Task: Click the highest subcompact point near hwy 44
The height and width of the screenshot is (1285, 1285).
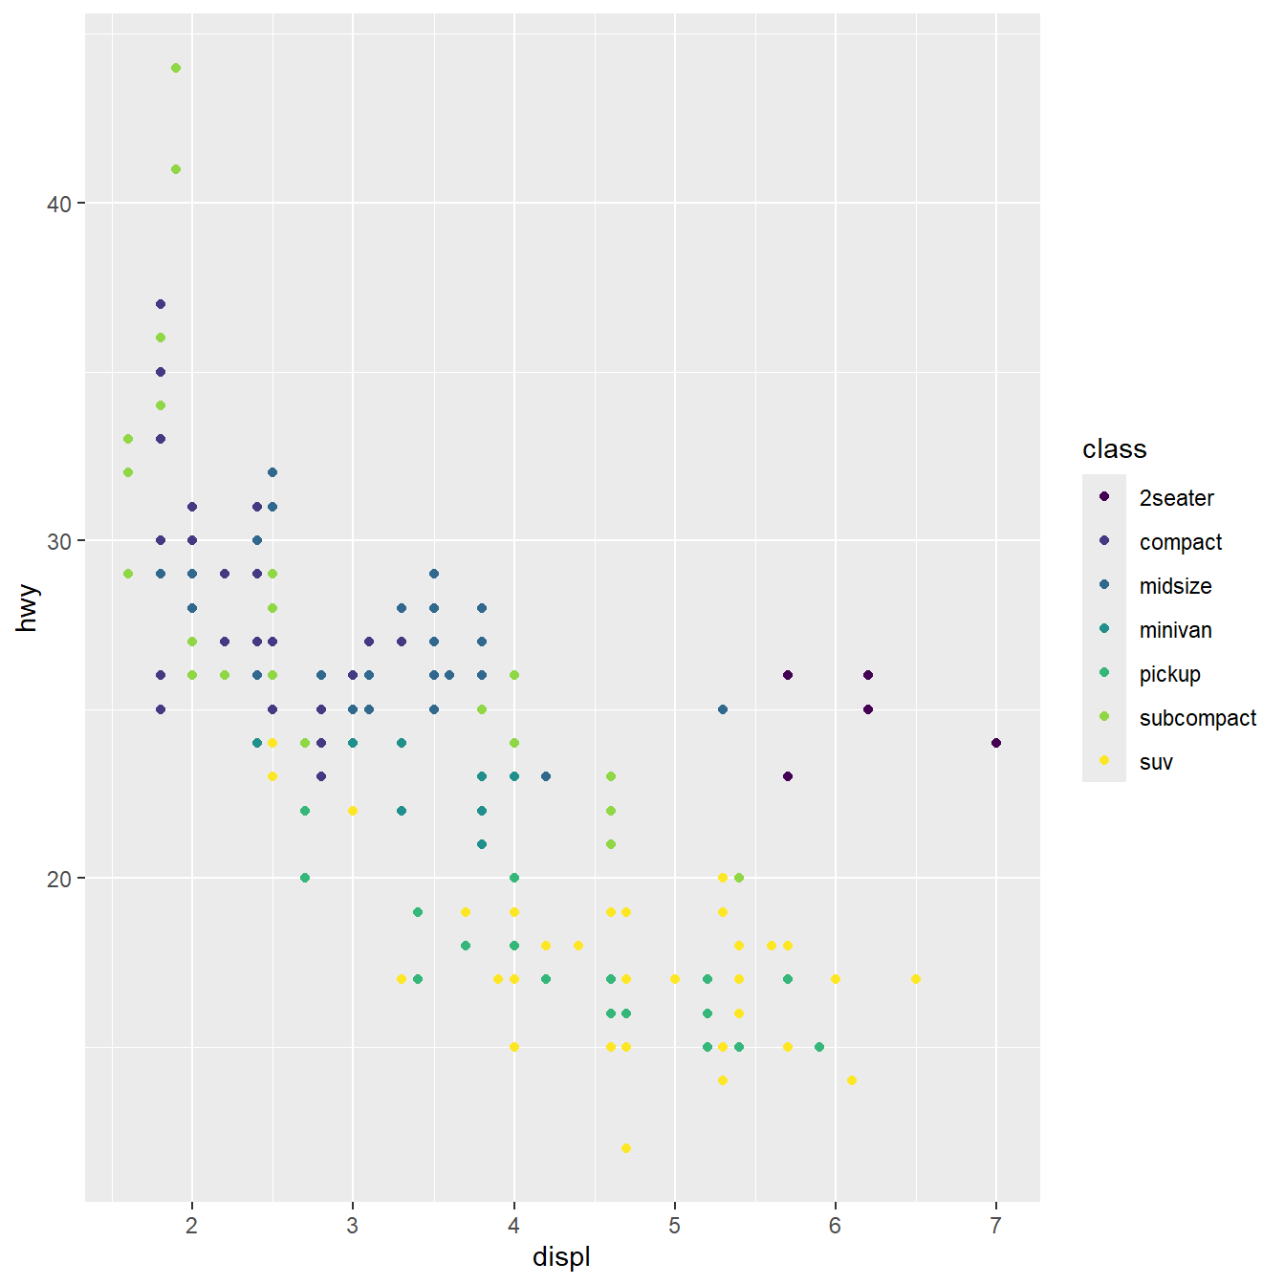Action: [176, 68]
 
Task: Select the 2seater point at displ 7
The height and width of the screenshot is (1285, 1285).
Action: [996, 743]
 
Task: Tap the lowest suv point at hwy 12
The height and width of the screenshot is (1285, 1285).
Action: [626, 1148]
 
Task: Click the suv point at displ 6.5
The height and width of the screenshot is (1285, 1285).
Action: [916, 979]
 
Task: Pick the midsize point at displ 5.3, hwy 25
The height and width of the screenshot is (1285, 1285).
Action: [723, 709]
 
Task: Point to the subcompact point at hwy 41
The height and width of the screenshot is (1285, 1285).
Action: [176, 169]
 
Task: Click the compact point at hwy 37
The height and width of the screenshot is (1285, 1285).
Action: [161, 304]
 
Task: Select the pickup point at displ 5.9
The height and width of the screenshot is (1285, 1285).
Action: [819, 1047]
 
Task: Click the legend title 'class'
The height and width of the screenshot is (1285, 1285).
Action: [1114, 449]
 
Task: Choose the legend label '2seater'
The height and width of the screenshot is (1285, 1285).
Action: [1176, 498]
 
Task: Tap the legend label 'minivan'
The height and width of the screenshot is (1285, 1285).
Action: [1175, 630]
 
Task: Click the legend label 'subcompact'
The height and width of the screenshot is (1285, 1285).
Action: [1197, 718]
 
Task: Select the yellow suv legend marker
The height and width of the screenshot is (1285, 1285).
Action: [1104, 761]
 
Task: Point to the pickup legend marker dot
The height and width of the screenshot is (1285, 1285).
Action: [1104, 673]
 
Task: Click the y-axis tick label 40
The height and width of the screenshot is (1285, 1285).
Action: [59, 204]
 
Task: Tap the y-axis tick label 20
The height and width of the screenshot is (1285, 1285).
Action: [59, 879]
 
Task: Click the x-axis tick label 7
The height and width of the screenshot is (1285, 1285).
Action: [996, 1226]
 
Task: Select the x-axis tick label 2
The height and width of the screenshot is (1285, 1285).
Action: [192, 1226]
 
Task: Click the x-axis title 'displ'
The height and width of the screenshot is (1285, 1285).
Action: [561, 1257]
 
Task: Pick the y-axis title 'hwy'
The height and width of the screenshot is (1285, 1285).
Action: [28, 608]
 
